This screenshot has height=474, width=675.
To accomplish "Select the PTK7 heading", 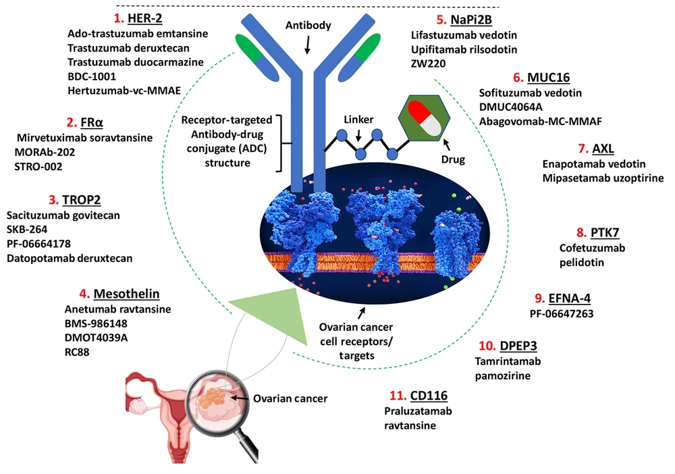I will click(605, 233).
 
